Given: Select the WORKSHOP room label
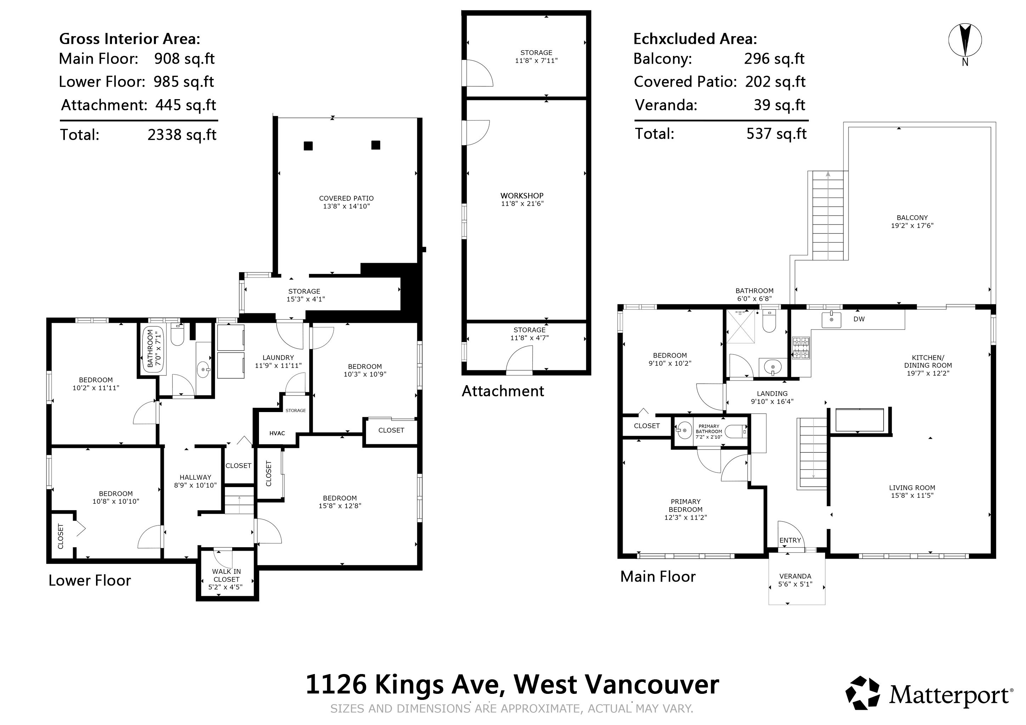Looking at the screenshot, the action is pos(522,195).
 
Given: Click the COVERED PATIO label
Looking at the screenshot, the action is pos(346,198).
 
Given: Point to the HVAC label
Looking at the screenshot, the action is pos(277,433).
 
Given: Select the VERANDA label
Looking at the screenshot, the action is pos(795,576).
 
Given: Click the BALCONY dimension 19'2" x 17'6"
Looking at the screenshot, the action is pos(912,226).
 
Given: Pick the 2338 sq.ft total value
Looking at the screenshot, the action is pos(182,135).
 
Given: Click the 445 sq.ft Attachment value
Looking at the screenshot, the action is pos(185,105).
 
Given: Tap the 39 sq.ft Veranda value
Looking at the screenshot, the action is pos(779,105).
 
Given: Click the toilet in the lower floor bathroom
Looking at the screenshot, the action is pos(177,335).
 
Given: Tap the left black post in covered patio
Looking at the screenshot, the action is pos(308,145).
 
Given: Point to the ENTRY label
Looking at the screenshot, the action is pos(790,540).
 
